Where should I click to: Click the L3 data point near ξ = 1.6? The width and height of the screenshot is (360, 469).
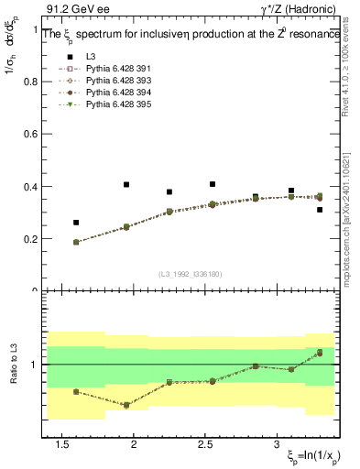76,223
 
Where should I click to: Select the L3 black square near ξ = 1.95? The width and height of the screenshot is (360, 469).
126,185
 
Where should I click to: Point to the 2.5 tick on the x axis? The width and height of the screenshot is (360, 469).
205,444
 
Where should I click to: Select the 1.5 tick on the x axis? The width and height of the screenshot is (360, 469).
62,444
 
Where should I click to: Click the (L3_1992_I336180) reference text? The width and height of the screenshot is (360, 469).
190,273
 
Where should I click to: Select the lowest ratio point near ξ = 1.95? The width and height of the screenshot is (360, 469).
126,405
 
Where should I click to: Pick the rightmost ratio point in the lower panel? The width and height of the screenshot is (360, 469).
320,353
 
